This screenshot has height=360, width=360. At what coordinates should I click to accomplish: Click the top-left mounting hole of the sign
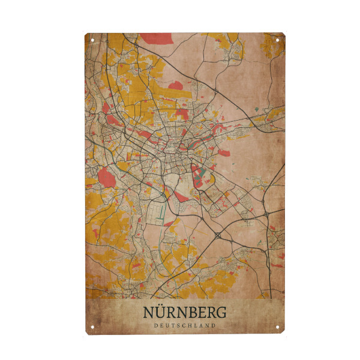(92, 40)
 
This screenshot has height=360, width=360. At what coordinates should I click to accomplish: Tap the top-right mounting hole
(278, 40)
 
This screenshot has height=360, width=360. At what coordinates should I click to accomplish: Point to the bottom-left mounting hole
(92, 327)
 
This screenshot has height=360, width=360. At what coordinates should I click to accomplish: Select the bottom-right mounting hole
(278, 327)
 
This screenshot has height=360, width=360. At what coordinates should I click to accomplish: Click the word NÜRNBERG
(185, 313)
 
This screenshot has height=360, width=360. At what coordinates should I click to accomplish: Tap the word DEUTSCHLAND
(185, 326)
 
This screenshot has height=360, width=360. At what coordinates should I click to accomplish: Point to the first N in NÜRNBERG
(149, 313)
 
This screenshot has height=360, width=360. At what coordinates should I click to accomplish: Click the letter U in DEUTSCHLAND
(165, 326)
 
